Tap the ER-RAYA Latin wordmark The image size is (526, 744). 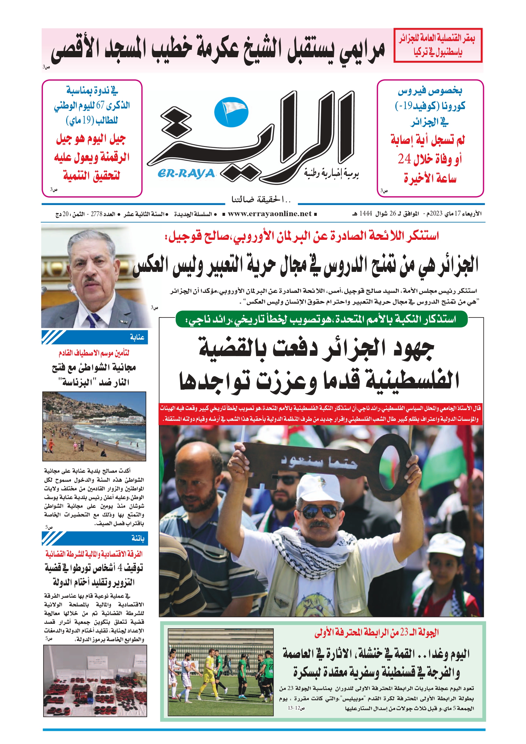186,174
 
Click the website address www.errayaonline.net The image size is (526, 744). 270,214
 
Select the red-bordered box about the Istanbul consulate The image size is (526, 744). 438,45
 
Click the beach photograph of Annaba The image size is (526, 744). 94,426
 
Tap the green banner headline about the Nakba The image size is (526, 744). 322,319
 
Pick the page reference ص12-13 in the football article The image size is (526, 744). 296,708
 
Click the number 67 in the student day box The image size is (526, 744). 100,105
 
